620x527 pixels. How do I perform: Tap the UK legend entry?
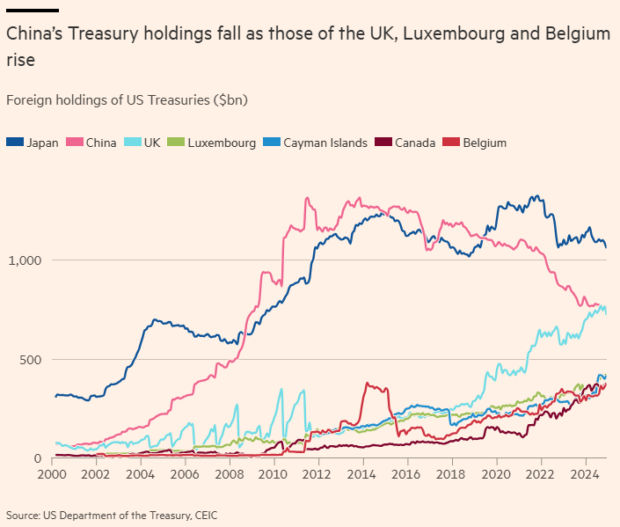143,143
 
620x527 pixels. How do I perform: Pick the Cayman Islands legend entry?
317,143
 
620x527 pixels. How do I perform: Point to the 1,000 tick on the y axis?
23,260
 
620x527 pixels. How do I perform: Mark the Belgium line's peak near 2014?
367,383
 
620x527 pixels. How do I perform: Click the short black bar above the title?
32,10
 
